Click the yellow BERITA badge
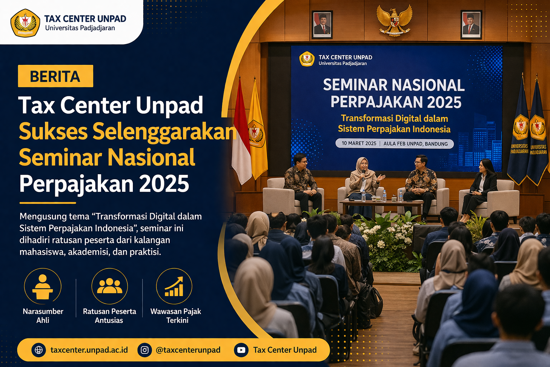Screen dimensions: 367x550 pyautogui.click(x=56, y=76)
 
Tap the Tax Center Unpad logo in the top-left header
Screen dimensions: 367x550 pyautogui.click(x=25, y=23)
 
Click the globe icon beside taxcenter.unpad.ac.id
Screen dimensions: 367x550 pyautogui.click(x=39, y=350)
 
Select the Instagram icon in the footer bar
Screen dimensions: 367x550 pyautogui.click(x=145, y=350)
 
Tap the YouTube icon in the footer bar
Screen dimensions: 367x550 pyautogui.click(x=241, y=350)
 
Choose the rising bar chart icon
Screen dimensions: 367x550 pyautogui.click(x=174, y=286)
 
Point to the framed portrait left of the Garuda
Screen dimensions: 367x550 pyautogui.click(x=323, y=24)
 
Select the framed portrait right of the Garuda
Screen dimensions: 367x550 pyautogui.click(x=471, y=24)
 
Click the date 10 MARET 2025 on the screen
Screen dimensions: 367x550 pyautogui.click(x=359, y=143)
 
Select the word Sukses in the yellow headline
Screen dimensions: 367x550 pyautogui.click(x=53, y=132)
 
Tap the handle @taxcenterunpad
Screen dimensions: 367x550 pyautogui.click(x=188, y=350)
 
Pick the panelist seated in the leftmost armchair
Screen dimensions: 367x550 pyautogui.click(x=301, y=181)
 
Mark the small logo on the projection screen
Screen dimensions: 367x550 pyautogui.click(x=307, y=59)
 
